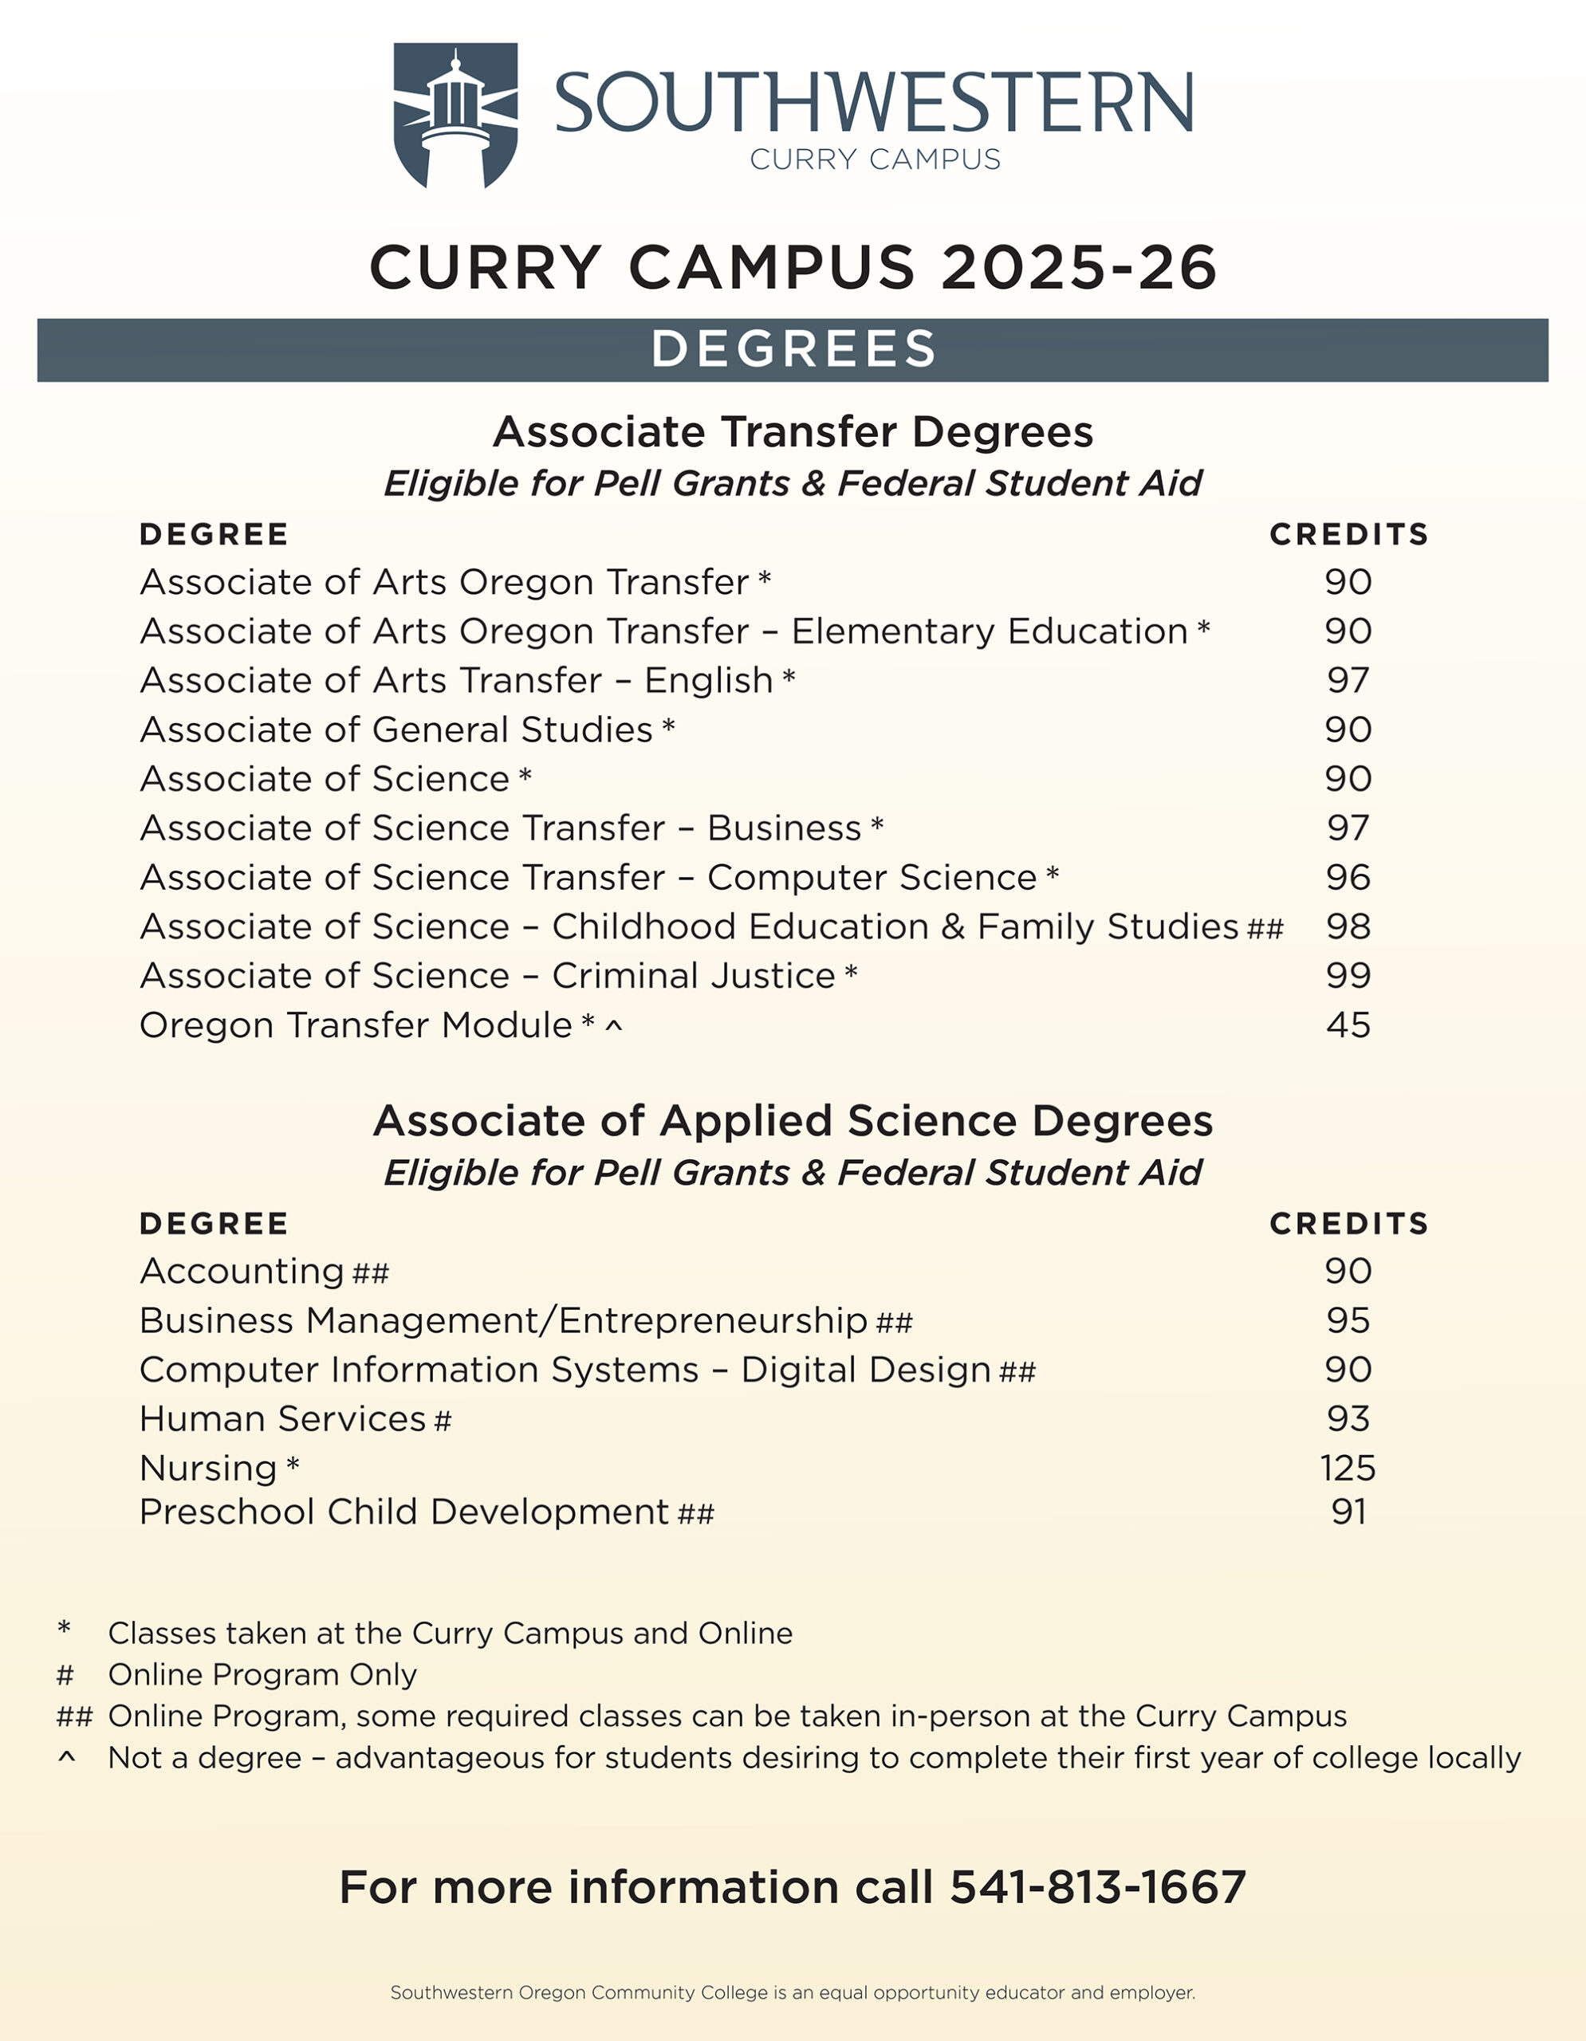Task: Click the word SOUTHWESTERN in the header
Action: coord(874,103)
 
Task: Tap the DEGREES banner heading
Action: coord(793,349)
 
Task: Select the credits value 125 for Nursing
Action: coord(1348,1468)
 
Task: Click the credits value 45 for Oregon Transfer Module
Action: coord(1348,1025)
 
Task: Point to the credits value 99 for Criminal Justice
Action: coord(1348,976)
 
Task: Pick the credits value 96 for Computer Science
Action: coord(1348,878)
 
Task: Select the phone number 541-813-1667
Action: coord(1098,1887)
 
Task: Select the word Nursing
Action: coord(208,1468)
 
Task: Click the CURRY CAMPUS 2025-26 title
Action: coord(793,267)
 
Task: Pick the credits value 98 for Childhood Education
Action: coord(1348,926)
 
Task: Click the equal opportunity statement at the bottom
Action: coord(793,1992)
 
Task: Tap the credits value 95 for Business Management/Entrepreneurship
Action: coord(1348,1320)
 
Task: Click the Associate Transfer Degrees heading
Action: coord(793,432)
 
